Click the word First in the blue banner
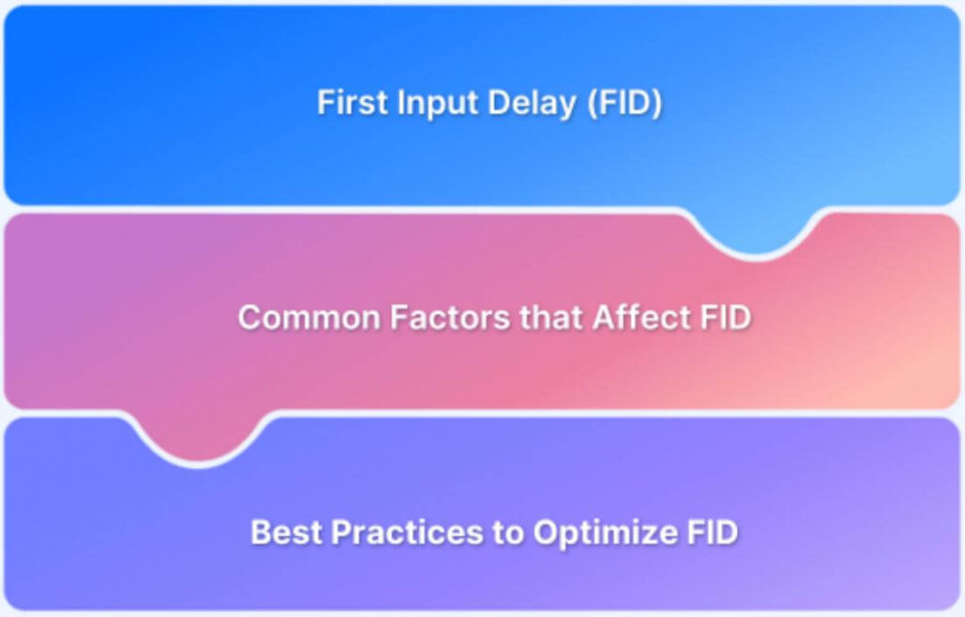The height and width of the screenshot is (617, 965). [353, 102]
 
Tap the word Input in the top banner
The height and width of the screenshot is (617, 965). [438, 104]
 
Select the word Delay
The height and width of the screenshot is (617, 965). [532, 104]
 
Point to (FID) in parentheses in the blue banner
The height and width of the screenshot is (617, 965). [624, 103]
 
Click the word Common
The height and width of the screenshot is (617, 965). [309, 317]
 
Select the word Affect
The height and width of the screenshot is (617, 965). [641, 317]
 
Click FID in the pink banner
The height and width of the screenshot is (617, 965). [726, 317]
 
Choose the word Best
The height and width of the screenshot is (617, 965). [286, 532]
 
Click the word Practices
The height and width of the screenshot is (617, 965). [407, 532]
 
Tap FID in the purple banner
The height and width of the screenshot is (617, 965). [711, 532]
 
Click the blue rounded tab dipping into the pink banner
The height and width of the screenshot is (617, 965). [756, 232]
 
